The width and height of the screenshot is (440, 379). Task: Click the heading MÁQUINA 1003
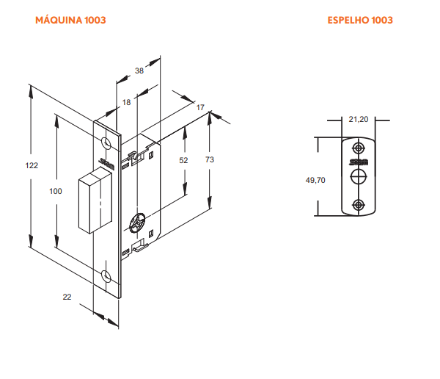click(x=70, y=20)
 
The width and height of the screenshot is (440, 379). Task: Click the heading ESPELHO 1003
click(x=360, y=20)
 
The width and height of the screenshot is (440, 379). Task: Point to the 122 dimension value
click(x=32, y=165)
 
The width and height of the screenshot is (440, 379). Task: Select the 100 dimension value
click(x=56, y=191)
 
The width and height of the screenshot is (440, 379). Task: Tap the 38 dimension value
click(x=139, y=71)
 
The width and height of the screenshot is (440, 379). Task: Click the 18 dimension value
click(x=127, y=102)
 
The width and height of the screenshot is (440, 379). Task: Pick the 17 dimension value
click(x=200, y=107)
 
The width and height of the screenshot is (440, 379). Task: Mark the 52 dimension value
click(x=183, y=160)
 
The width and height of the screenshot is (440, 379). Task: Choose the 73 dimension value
click(x=210, y=159)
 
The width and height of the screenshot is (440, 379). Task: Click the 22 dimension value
click(x=67, y=297)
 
